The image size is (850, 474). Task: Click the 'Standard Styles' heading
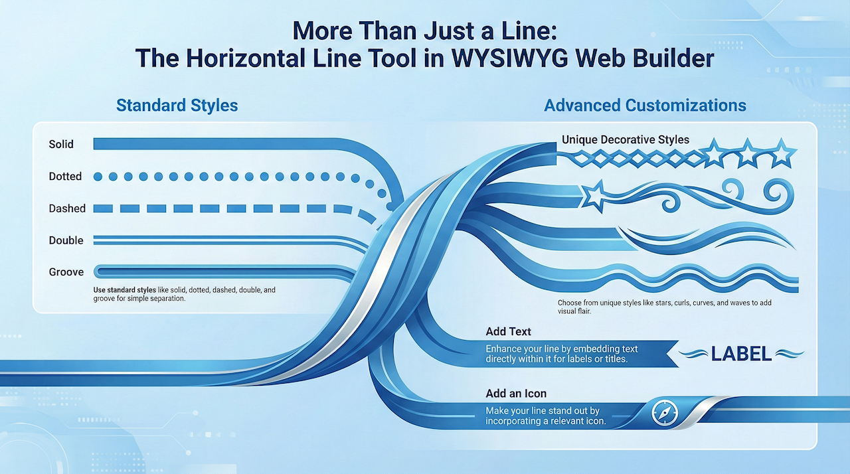[177, 106]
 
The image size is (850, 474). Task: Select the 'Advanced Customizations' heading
[645, 106]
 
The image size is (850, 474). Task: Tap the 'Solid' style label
[61, 144]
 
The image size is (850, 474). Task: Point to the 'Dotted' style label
[65, 177]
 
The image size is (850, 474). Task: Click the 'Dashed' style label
[67, 208]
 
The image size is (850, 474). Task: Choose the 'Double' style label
[66, 240]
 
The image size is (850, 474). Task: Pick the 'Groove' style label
[66, 272]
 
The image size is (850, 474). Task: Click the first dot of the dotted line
[98, 177]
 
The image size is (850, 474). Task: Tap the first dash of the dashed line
[103, 208]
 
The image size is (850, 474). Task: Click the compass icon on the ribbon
[665, 412]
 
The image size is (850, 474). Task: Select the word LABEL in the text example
[741, 354]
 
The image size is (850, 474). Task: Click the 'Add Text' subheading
[508, 331]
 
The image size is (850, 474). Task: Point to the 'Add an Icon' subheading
[516, 394]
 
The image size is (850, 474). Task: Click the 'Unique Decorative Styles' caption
[626, 139]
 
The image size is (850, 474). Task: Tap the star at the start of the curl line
[594, 196]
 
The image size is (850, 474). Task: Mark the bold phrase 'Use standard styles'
[124, 290]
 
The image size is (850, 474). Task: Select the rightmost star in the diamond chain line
[782, 153]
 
